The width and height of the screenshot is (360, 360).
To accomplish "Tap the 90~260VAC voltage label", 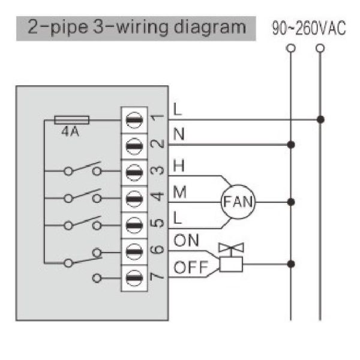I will [x=309, y=29].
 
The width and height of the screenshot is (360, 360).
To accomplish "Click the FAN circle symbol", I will [x=238, y=202].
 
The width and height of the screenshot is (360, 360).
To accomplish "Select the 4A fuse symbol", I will [x=71, y=119].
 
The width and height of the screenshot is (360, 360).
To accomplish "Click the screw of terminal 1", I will [x=134, y=119].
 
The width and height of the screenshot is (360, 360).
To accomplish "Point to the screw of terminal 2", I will [x=134, y=145].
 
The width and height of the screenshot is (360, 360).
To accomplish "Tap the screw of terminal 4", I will [x=134, y=196].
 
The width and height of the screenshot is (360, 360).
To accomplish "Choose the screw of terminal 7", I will [x=134, y=277].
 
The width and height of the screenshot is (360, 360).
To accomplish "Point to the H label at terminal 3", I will [x=178, y=164].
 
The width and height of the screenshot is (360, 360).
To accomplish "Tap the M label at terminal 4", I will [x=179, y=191].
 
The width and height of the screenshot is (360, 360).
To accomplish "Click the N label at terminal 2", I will [x=178, y=136].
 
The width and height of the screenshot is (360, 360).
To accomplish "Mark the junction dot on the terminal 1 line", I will [x=321, y=119].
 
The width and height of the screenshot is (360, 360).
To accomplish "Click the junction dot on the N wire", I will [x=291, y=145].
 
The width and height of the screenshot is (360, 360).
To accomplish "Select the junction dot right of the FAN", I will [x=291, y=202].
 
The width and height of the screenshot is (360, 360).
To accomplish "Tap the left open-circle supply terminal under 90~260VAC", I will [x=291, y=47].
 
